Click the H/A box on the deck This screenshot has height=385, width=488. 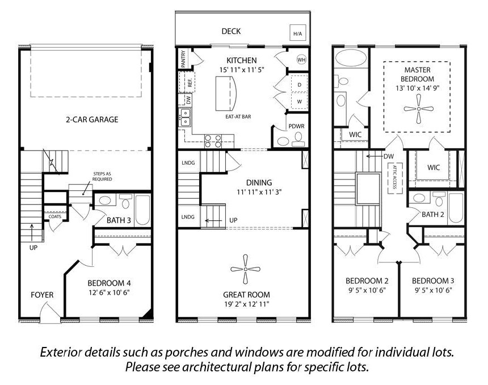[298, 33]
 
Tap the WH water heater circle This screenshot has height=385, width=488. [301, 59]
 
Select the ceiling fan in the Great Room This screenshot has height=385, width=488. [246, 269]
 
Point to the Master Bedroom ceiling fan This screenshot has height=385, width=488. [419, 108]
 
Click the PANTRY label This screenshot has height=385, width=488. [183, 59]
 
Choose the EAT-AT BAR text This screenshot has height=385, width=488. [238, 117]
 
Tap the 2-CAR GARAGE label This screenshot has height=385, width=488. [92, 120]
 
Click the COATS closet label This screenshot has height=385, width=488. [55, 216]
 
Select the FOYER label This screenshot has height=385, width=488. [42, 295]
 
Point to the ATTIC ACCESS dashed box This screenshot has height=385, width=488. [394, 178]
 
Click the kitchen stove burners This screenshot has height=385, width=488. [213, 141]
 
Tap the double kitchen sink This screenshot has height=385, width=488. [185, 117]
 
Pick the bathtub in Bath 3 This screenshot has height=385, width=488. [142, 210]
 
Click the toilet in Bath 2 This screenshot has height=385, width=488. [439, 199]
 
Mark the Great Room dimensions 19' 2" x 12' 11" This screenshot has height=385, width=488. [246, 304]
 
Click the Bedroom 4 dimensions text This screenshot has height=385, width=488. [108, 292]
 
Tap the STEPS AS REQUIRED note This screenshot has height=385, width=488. [102, 177]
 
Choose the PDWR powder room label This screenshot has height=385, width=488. [296, 127]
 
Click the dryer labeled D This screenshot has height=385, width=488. [300, 85]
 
